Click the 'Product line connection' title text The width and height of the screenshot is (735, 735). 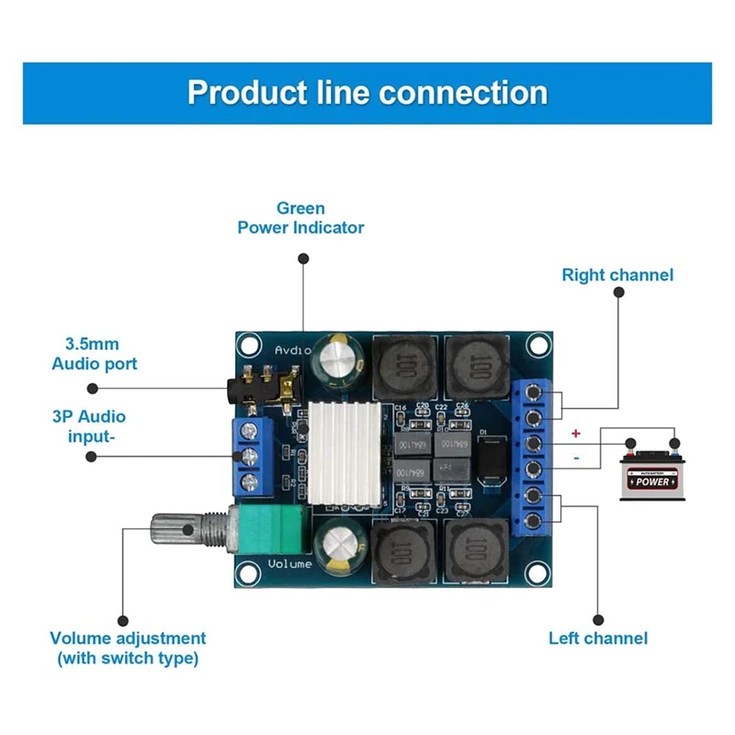[x=367, y=93]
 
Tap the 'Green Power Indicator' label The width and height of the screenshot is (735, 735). [x=300, y=218]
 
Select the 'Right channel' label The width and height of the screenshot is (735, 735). [x=617, y=275]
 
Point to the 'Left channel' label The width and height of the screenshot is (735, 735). [x=598, y=638]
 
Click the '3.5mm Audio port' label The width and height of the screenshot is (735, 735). [x=94, y=354]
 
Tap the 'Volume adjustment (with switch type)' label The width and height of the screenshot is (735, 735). [x=128, y=648]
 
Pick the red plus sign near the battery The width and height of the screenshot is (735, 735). [x=576, y=433]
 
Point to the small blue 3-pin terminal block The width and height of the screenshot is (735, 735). [x=251, y=457]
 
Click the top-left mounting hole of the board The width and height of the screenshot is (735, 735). [x=246, y=345]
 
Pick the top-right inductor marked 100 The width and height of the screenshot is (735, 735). [x=476, y=367]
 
